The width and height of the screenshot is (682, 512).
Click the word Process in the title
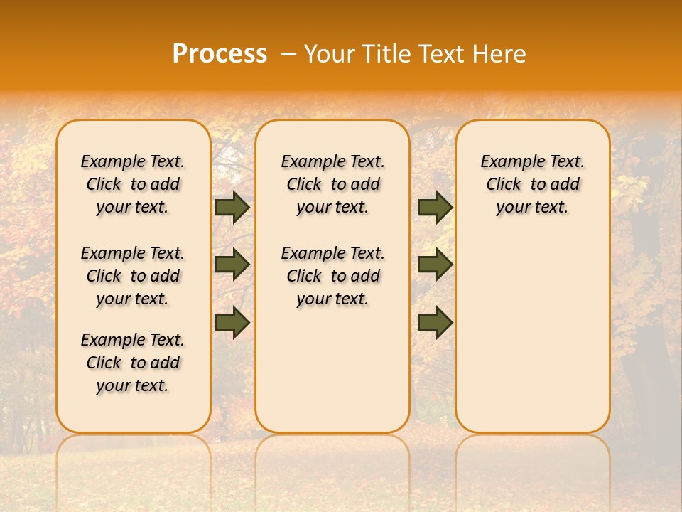220,53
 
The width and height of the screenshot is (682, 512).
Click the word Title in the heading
389,53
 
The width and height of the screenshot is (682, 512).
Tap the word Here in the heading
501,53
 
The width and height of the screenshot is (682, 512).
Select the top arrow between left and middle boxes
232,208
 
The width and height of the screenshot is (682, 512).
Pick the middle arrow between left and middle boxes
232,265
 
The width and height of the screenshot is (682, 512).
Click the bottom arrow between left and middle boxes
232,322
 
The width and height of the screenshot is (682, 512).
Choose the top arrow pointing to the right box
435,208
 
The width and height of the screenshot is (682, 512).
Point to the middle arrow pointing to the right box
435,265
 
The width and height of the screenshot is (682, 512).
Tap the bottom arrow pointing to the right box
435,322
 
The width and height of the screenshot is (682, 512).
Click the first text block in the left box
133,184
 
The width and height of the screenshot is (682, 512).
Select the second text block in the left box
133,276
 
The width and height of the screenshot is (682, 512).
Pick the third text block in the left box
133,363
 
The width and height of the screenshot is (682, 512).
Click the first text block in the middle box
332,184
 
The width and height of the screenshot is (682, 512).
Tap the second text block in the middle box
332,276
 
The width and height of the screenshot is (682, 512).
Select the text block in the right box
532,184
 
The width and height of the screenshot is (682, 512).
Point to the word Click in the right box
504,185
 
